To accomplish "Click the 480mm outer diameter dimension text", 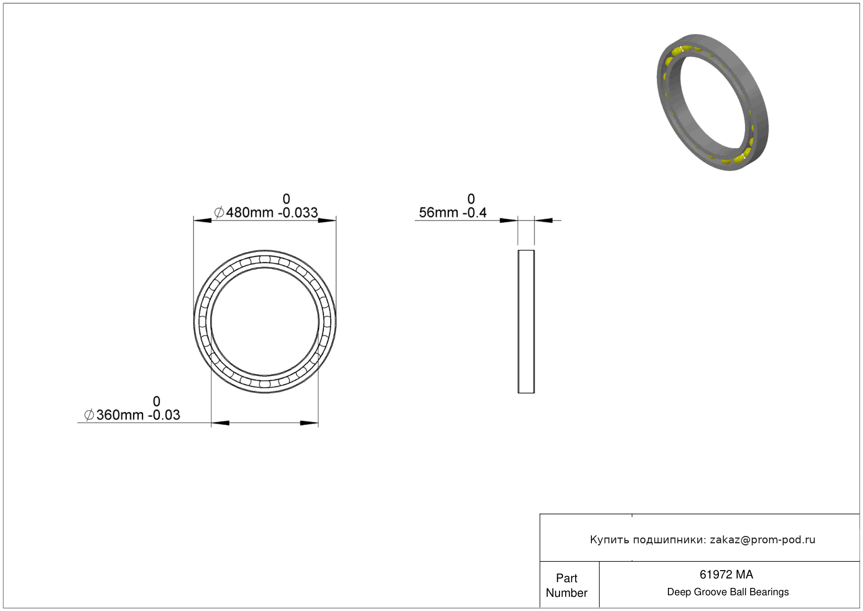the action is click(249, 213).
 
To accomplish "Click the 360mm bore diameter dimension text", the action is click(120, 415).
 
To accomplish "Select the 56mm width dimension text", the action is click(438, 213).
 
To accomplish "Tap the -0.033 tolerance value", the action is click(298, 213).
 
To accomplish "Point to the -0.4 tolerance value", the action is click(474, 213).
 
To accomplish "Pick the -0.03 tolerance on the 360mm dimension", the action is click(165, 415).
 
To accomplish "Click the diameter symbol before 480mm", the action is click(219, 213).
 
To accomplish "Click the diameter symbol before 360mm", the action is click(89, 415).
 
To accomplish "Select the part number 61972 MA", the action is click(726, 574).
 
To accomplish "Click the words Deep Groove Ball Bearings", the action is click(728, 592).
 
